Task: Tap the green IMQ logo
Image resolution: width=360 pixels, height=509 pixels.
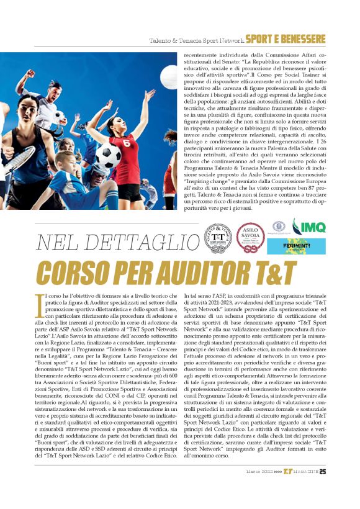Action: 309,226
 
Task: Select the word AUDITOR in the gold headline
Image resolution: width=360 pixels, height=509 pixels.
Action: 210,273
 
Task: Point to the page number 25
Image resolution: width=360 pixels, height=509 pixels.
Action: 323,488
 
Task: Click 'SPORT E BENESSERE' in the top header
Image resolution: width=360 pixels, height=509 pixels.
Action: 285,40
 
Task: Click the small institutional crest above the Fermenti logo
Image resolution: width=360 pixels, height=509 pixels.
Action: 277,225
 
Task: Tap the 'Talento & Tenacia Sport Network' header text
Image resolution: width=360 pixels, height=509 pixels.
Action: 196,41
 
